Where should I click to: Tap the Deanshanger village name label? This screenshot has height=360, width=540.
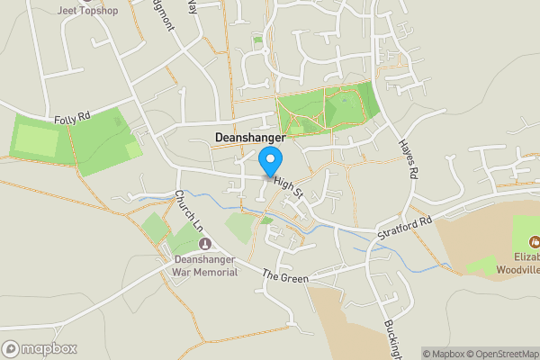[250, 138]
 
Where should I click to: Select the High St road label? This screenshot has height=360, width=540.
[289, 187]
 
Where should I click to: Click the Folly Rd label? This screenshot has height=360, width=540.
[74, 118]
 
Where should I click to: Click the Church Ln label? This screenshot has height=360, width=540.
[190, 209]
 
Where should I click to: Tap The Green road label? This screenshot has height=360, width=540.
[285, 277]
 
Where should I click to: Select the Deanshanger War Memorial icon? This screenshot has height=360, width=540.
[204, 244]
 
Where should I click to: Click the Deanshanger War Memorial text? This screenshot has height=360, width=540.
[205, 265]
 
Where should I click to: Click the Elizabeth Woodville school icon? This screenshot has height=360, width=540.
[535, 240]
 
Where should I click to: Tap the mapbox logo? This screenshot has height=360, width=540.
[40, 348]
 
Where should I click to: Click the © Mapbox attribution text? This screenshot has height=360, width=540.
[445, 353]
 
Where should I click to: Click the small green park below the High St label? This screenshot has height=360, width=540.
[240, 227]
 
